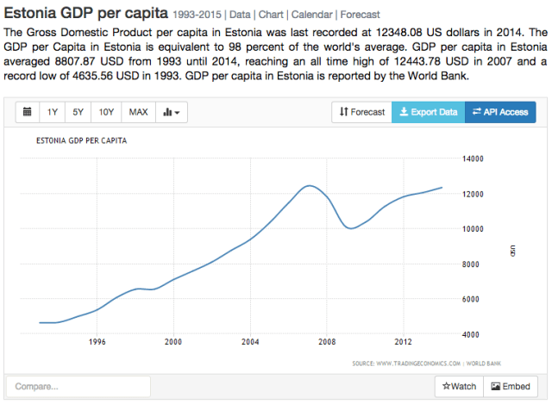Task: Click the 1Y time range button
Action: pyautogui.click(x=53, y=112)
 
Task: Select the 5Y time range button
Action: pyautogui.click(x=78, y=112)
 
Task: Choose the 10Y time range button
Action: pyautogui.click(x=106, y=112)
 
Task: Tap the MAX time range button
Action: pyautogui.click(x=138, y=112)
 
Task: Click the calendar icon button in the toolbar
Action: pyautogui.click(x=27, y=112)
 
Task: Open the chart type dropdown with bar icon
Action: pyautogui.click(x=171, y=112)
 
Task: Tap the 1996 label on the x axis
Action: pyautogui.click(x=97, y=341)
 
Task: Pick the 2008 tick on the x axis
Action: pyautogui.click(x=327, y=341)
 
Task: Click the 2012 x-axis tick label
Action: pyautogui.click(x=403, y=341)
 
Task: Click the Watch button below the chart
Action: pyautogui.click(x=459, y=387)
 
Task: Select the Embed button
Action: pyautogui.click(x=510, y=387)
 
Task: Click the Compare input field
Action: pyautogui.click(x=78, y=387)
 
